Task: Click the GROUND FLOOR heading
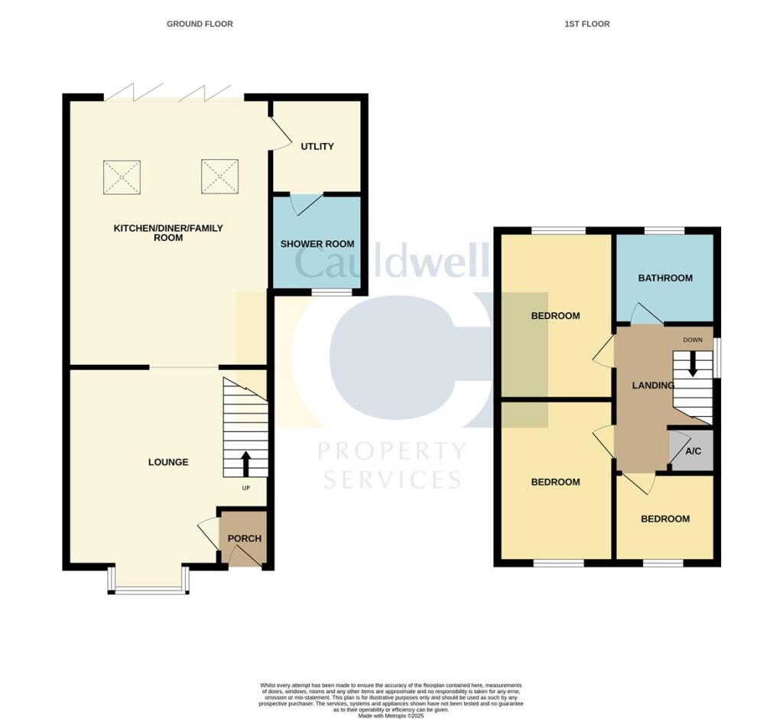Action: [200, 24]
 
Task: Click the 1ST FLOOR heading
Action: [587, 24]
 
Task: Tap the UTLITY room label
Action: [317, 146]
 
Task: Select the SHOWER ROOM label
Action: [317, 244]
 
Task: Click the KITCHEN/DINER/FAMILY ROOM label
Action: [168, 233]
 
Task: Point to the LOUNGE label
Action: [168, 462]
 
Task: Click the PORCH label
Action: [245, 538]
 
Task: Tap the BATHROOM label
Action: [665, 278]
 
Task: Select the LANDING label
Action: [652, 386]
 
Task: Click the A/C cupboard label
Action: [693, 451]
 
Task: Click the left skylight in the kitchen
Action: [122, 177]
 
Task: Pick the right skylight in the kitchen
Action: [220, 177]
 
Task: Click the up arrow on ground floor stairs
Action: [246, 463]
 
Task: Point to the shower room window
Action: [331, 292]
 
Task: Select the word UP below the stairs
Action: [245, 488]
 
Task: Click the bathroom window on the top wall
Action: [664, 230]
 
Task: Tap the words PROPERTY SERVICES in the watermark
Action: [391, 465]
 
